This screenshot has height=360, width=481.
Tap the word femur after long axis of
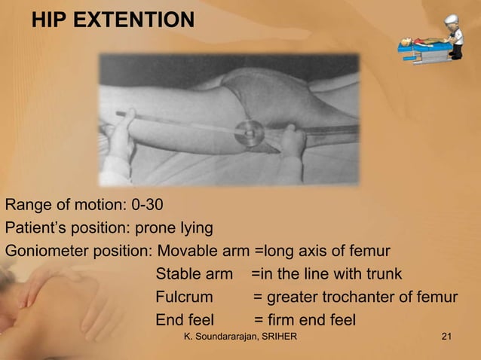[x=372, y=251]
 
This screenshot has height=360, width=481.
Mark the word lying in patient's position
[x=197, y=227]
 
